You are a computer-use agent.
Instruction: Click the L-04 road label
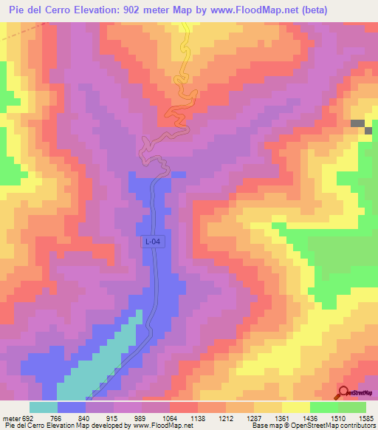[151, 241]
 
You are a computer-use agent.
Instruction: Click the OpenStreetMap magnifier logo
[345, 392]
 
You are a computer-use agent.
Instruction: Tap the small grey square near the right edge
[358, 123]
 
